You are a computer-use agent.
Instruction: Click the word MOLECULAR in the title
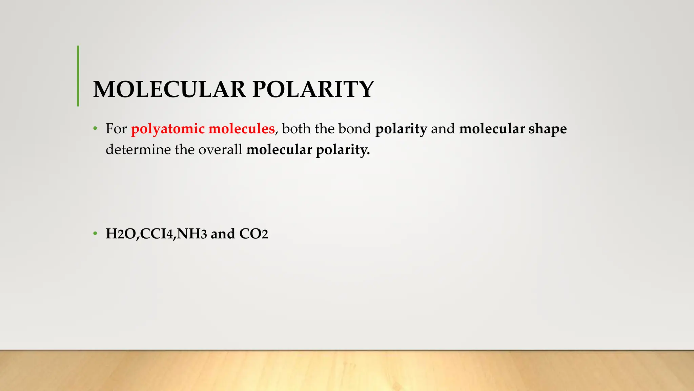click(x=169, y=90)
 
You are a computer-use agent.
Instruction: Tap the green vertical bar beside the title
click(x=78, y=76)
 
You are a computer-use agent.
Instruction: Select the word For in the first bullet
click(x=116, y=129)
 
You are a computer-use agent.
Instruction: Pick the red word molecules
click(x=241, y=129)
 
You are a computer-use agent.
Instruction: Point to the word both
click(x=296, y=129)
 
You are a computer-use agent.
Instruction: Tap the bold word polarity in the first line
click(x=401, y=129)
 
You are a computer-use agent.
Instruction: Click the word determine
click(x=138, y=150)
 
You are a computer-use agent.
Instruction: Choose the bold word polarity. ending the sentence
click(x=343, y=150)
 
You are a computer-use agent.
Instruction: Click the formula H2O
click(x=121, y=234)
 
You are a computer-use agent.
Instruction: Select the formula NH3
click(x=192, y=234)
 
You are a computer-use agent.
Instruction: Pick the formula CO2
click(x=253, y=234)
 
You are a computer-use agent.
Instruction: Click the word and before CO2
click(x=223, y=234)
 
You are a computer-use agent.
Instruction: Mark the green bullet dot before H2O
click(x=96, y=234)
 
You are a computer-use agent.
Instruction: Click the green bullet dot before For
click(x=96, y=129)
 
